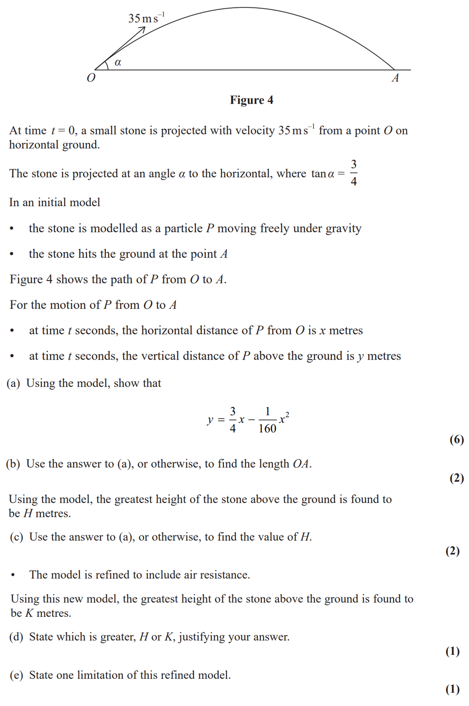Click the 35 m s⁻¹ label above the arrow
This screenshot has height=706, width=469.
point(146,18)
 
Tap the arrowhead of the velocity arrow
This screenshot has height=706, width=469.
point(143,29)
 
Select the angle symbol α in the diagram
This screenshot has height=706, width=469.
point(118,62)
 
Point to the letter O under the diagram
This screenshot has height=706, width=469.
point(91,78)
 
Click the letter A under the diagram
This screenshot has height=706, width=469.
point(395,78)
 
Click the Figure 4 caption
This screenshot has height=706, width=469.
point(251,100)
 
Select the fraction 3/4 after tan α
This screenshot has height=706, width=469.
point(353,173)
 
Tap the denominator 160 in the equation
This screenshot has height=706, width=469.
point(267,429)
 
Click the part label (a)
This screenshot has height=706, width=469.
point(13,383)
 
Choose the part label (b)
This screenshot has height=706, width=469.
point(13,464)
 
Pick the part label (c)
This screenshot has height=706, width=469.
point(16,537)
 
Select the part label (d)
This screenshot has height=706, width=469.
point(16,637)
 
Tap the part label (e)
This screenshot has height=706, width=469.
point(16,675)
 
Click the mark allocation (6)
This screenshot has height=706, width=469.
point(457,440)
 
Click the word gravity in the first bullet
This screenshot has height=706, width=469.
point(343,229)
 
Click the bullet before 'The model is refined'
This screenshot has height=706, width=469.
point(13,575)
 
